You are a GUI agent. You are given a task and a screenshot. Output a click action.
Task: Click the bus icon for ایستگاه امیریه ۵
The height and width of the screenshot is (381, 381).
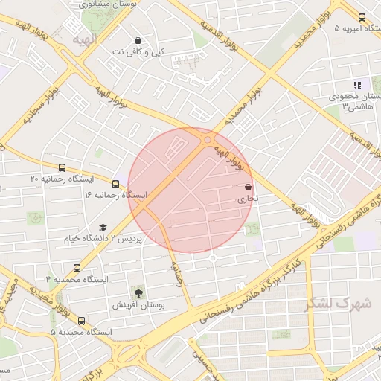(x=362, y=17)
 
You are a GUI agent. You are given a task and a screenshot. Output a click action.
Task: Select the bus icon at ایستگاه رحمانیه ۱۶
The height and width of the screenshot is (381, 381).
(x=115, y=183)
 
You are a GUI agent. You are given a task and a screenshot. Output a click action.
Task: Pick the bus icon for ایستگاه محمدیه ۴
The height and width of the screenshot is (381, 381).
(x=77, y=267)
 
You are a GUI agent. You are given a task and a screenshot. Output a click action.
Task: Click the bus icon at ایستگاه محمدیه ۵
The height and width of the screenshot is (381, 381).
(x=81, y=321)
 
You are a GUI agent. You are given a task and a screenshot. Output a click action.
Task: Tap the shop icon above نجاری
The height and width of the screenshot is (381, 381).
(x=248, y=188)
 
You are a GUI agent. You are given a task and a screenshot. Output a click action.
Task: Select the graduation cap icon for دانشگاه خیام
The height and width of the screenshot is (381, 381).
(x=103, y=227)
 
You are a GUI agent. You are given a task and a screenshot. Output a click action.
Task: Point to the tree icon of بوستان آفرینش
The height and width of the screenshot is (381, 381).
(x=138, y=291)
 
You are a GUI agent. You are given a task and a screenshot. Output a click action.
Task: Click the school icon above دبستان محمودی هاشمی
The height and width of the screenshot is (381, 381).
(x=356, y=85)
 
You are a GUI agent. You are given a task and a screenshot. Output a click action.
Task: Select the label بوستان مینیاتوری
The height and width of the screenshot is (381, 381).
(x=108, y=4)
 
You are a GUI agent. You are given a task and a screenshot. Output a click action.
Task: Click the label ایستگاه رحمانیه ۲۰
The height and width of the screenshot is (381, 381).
(x=61, y=179)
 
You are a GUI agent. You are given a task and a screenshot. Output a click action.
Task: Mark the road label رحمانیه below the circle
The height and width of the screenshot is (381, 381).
(x=176, y=275)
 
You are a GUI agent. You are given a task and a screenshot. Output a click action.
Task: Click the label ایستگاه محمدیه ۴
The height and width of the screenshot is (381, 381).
(x=77, y=279)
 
